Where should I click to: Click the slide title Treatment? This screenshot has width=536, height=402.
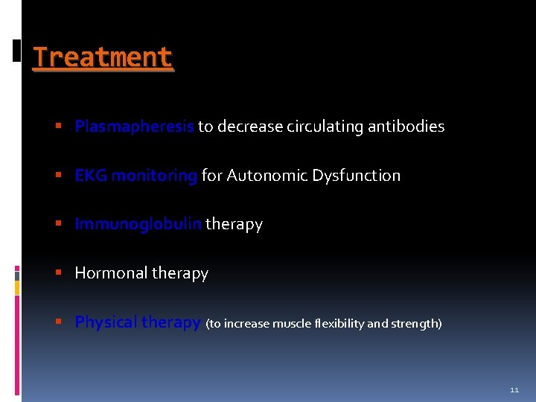103,57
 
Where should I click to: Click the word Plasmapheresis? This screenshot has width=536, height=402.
134,127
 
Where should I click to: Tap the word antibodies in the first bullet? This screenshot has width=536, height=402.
409,127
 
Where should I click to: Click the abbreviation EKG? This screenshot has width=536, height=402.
91,176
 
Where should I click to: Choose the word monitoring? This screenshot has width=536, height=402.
154,176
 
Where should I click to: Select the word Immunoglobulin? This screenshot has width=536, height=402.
138,224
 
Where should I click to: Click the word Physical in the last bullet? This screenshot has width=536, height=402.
106,322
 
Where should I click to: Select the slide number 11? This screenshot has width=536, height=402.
514,389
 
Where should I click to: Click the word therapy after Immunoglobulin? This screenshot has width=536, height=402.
234,224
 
